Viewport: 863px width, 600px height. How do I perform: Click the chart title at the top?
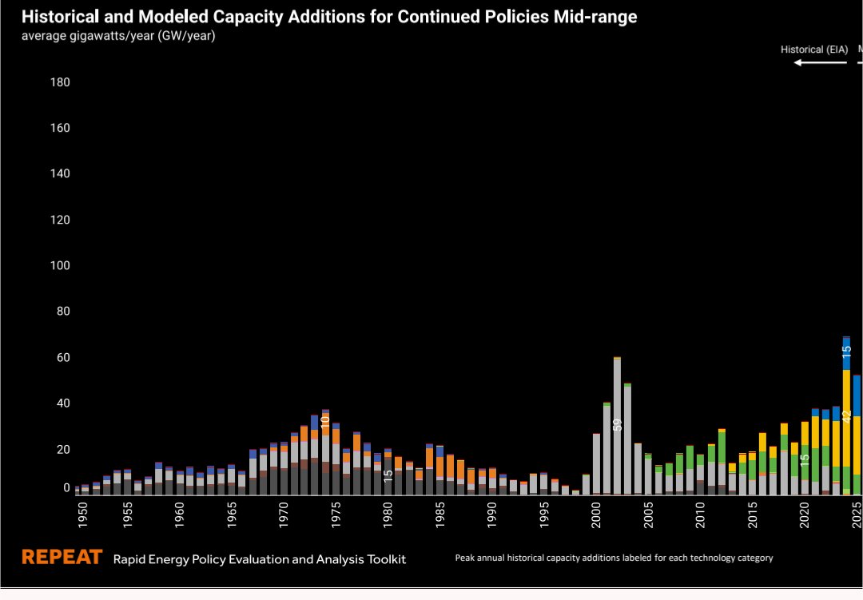click(x=328, y=17)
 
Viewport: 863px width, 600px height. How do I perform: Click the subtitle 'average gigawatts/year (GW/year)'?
click(x=117, y=36)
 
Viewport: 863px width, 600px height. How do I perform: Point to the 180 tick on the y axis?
click(x=61, y=82)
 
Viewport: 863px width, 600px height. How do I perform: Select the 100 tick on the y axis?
click(x=61, y=265)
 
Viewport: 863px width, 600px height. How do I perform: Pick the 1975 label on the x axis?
click(x=336, y=515)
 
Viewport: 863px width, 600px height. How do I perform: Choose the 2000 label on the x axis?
click(x=596, y=515)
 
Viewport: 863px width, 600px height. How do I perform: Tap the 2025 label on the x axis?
click(x=857, y=515)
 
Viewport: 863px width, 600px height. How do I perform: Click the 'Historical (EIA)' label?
click(x=813, y=50)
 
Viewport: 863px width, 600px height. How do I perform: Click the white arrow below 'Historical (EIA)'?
click(x=820, y=62)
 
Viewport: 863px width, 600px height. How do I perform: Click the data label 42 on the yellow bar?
click(x=846, y=415)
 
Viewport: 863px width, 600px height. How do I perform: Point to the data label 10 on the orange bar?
click(x=325, y=423)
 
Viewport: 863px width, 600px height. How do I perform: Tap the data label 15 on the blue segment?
click(x=846, y=349)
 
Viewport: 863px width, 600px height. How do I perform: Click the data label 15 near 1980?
click(x=388, y=475)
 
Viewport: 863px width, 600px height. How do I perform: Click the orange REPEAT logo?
click(x=62, y=558)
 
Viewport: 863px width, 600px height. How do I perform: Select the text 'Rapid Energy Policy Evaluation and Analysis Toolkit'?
click(x=260, y=559)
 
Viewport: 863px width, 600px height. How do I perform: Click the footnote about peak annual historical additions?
click(x=614, y=558)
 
